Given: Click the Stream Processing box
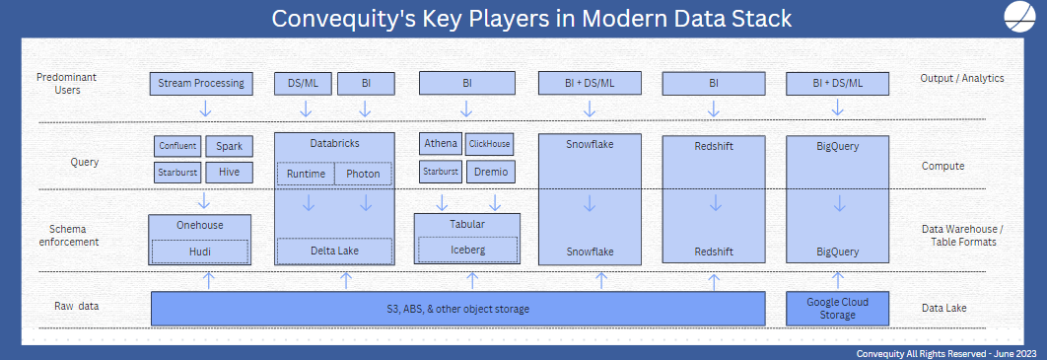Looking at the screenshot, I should pos(200,83).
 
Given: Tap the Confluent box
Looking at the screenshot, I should pos(177,146).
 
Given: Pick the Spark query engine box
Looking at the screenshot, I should pos(229,146).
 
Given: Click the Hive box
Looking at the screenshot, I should pos(229,173).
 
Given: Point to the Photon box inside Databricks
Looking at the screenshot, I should pos(364,174).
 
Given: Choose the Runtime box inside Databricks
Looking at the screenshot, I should pos(306,174).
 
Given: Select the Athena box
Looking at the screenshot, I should pos(440,144).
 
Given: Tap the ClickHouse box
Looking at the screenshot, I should pos(489,144).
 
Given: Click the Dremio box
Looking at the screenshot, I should pos(489,172).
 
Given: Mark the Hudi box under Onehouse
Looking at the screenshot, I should pos(200,252).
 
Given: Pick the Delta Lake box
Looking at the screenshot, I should pos(333,252).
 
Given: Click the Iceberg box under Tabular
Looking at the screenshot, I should pos(467,251).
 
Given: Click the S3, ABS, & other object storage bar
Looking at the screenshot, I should pos(457,309).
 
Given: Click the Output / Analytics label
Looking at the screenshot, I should pos(961,77).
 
